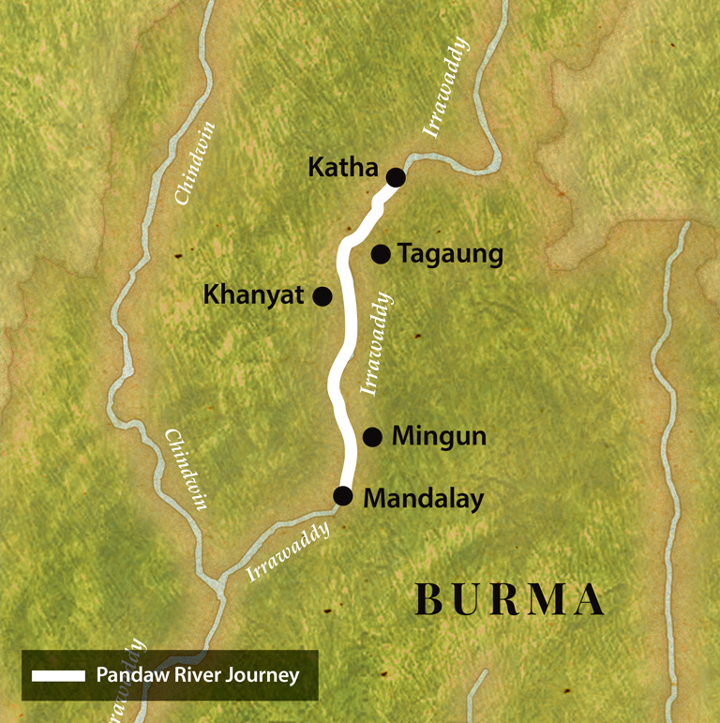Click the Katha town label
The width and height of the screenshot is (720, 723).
(x=342, y=170)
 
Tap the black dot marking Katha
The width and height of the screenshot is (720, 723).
(x=396, y=176)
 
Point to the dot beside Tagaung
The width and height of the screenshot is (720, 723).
(x=381, y=253)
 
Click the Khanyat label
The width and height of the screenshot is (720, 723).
(x=254, y=295)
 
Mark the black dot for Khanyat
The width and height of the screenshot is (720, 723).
(x=322, y=296)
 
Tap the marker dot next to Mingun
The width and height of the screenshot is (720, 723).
(x=372, y=436)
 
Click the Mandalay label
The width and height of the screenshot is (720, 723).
(x=423, y=498)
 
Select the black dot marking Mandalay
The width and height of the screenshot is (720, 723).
(x=344, y=496)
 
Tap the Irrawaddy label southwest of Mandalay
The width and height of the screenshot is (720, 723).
(x=290, y=553)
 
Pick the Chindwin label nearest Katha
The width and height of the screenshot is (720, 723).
(x=196, y=163)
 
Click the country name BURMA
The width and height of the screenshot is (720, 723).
(x=509, y=600)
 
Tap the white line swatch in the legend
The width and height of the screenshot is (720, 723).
(x=58, y=675)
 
